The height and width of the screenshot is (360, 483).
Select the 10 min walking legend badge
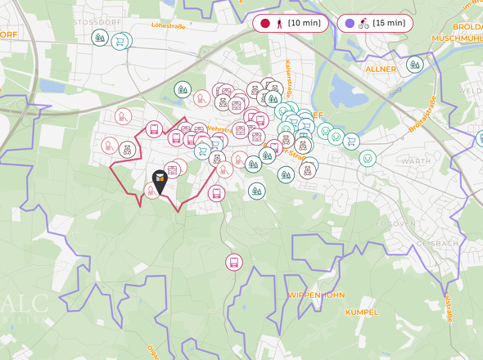tap(291, 23)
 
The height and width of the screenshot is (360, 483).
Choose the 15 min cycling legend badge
tap(375, 23)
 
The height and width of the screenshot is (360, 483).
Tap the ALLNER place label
tap(381, 70)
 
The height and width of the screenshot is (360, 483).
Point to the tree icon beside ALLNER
tap(414, 64)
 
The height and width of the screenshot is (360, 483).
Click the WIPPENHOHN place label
tap(316, 295)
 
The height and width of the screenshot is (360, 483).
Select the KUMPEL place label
tap(362, 312)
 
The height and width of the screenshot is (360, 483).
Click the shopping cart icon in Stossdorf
tap(120, 40)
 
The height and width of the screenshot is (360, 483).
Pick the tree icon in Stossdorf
tap(100, 38)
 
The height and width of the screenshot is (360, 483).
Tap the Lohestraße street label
tap(168, 26)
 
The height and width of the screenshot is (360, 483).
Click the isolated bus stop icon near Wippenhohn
tap(234, 262)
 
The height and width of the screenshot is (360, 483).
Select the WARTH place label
tap(416, 161)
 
